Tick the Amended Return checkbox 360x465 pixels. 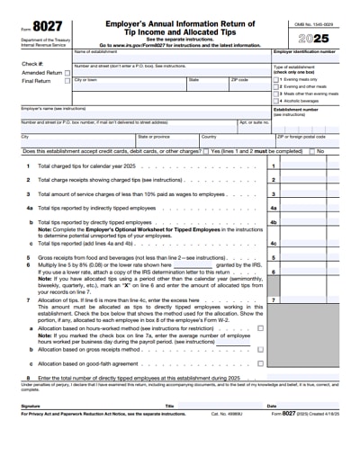point(67,73)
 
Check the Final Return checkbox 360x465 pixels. point(67,82)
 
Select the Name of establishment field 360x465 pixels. point(171,58)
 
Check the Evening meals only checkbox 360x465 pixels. point(275,79)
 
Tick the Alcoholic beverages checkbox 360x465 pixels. point(275,100)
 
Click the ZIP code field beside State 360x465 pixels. point(248,90)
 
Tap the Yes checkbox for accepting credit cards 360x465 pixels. point(206,151)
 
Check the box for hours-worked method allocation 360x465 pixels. point(261,328)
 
